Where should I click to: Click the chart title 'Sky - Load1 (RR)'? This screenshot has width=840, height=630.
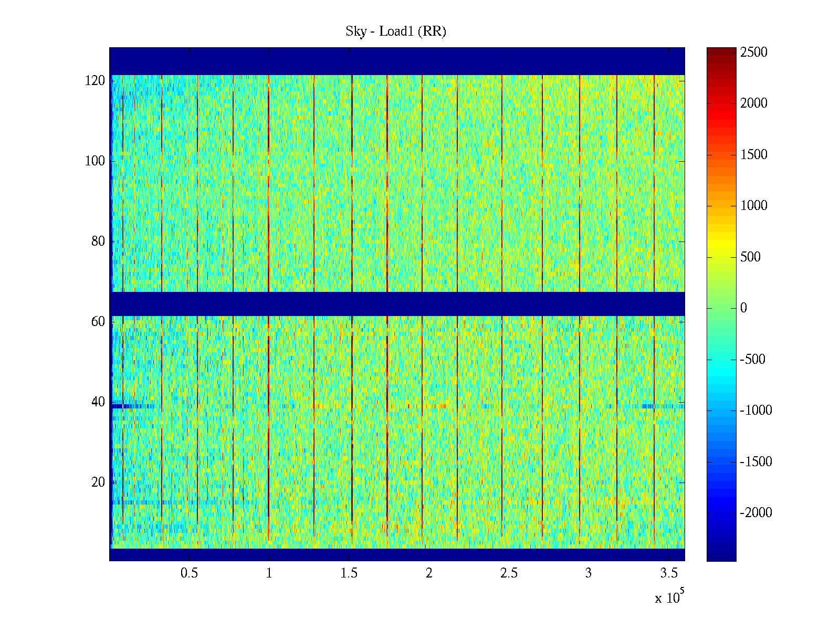pyautogui.click(x=395, y=31)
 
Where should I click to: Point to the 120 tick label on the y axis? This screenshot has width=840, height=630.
pyautogui.click(x=95, y=81)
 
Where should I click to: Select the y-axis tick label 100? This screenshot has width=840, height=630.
pyautogui.click(x=95, y=161)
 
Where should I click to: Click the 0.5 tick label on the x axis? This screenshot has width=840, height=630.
pyautogui.click(x=189, y=573)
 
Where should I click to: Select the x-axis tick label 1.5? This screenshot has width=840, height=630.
pyautogui.click(x=349, y=573)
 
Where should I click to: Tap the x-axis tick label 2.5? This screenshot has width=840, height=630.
pyautogui.click(x=509, y=573)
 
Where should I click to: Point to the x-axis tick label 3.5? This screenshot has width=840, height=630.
pyautogui.click(x=668, y=573)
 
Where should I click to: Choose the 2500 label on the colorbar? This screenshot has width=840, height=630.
pyautogui.click(x=754, y=52)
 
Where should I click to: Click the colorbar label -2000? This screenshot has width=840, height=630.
pyautogui.click(x=756, y=513)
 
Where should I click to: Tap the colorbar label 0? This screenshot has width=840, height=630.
pyautogui.click(x=743, y=308)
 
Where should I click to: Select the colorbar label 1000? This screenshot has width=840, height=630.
pyautogui.click(x=754, y=206)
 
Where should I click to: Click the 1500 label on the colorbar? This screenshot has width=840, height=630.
pyautogui.click(x=754, y=155)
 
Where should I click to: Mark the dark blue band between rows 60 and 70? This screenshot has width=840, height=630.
pyautogui.click(x=397, y=304)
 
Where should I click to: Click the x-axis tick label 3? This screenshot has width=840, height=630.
pyautogui.click(x=589, y=573)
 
